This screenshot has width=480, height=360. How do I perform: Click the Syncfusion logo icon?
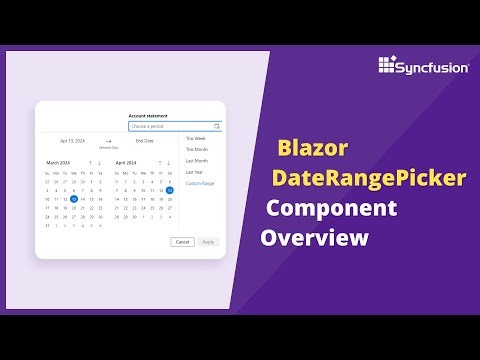pyautogui.click(x=389, y=66)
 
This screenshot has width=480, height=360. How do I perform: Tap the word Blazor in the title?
pyautogui.click(x=312, y=149)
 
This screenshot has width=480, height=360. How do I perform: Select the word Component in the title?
pyautogui.click(x=330, y=209)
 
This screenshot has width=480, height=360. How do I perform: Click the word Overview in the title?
pyautogui.click(x=315, y=238)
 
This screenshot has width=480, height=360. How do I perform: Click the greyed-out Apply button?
pyautogui.click(x=208, y=242)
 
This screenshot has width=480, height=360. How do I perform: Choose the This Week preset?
pyautogui.click(x=196, y=138)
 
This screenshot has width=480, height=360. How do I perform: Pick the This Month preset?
pyautogui.click(x=197, y=149)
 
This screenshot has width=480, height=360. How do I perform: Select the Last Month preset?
pyautogui.click(x=197, y=161)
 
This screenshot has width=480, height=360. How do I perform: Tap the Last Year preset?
pyautogui.click(x=196, y=172)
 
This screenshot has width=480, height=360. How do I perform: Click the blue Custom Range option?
pyautogui.click(x=201, y=184)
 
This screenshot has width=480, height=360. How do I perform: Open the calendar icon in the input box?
pyautogui.click(x=216, y=127)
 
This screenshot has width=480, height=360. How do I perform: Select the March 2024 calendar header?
pyautogui.click(x=58, y=162)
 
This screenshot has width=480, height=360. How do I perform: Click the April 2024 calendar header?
pyautogui.click(x=126, y=162)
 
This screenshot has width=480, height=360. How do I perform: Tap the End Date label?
pyautogui.click(x=145, y=142)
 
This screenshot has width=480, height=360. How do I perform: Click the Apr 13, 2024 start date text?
pyautogui.click(x=73, y=142)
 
